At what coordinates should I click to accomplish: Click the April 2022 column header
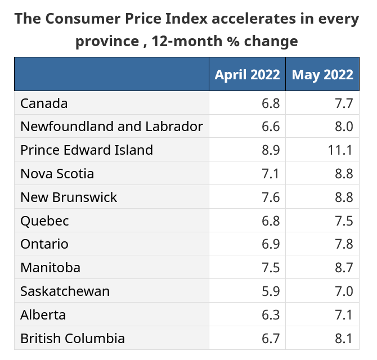247,75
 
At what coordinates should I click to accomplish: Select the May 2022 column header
322,75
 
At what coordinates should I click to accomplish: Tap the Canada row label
44,103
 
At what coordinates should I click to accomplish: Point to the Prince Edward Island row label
87,150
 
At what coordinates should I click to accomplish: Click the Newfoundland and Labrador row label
111,127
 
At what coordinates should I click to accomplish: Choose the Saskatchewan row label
65,291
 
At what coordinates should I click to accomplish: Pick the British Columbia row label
73,339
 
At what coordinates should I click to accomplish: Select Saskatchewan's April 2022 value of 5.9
270,291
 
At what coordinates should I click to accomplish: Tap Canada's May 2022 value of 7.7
344,103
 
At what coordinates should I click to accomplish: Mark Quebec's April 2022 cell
270,221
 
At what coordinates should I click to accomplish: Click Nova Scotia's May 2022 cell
344,174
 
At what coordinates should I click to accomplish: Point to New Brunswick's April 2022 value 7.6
270,197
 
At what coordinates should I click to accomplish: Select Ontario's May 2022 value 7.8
344,245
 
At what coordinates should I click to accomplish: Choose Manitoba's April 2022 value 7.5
270,268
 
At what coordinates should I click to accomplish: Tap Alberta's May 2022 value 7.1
344,315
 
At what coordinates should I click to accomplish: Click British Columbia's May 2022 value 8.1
344,339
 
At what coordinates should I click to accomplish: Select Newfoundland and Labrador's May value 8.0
344,127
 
